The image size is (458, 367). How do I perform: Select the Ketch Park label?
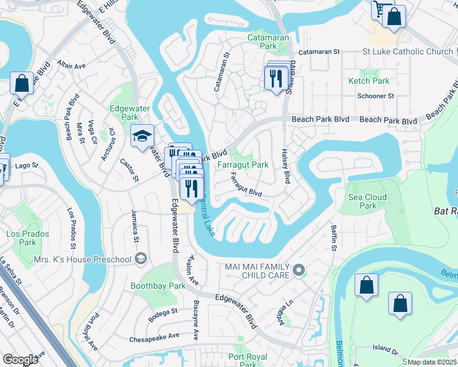(x=369, y=81)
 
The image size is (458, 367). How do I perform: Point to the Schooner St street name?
(x=375, y=96)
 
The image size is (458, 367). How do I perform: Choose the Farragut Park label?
(x=243, y=165)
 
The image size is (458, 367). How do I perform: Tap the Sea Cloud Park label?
(x=368, y=201)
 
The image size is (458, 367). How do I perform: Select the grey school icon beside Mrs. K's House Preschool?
(x=141, y=259)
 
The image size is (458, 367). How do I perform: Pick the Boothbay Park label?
(x=158, y=286)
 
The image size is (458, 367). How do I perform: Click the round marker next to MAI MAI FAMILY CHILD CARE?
(x=299, y=270)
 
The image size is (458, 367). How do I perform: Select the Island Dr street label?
(x=385, y=348)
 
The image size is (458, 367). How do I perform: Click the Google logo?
(x=21, y=359)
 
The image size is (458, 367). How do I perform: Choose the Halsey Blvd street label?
(x=285, y=166)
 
